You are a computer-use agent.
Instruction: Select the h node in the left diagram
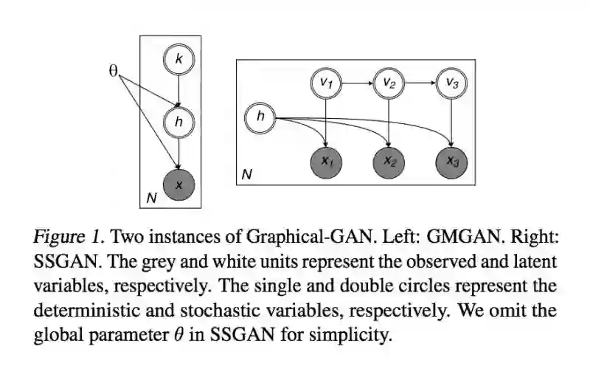tap(178, 122)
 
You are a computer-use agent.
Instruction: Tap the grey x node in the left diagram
tap(178, 184)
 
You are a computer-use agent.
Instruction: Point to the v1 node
tap(325, 83)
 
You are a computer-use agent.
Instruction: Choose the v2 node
tap(389, 83)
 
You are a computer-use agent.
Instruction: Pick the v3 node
tap(452, 83)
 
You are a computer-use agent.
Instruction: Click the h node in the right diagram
tap(260, 116)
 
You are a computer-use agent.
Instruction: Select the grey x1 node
tap(325, 159)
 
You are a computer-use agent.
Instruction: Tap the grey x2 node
tap(389, 159)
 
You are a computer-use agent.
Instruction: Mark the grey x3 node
tap(452, 159)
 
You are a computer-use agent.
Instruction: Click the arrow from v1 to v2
tap(357, 83)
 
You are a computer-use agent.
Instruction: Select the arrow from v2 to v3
tap(420, 83)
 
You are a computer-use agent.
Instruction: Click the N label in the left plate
tap(151, 198)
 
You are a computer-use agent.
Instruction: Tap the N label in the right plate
tap(247, 176)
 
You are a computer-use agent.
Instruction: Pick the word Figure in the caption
tap(55, 238)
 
